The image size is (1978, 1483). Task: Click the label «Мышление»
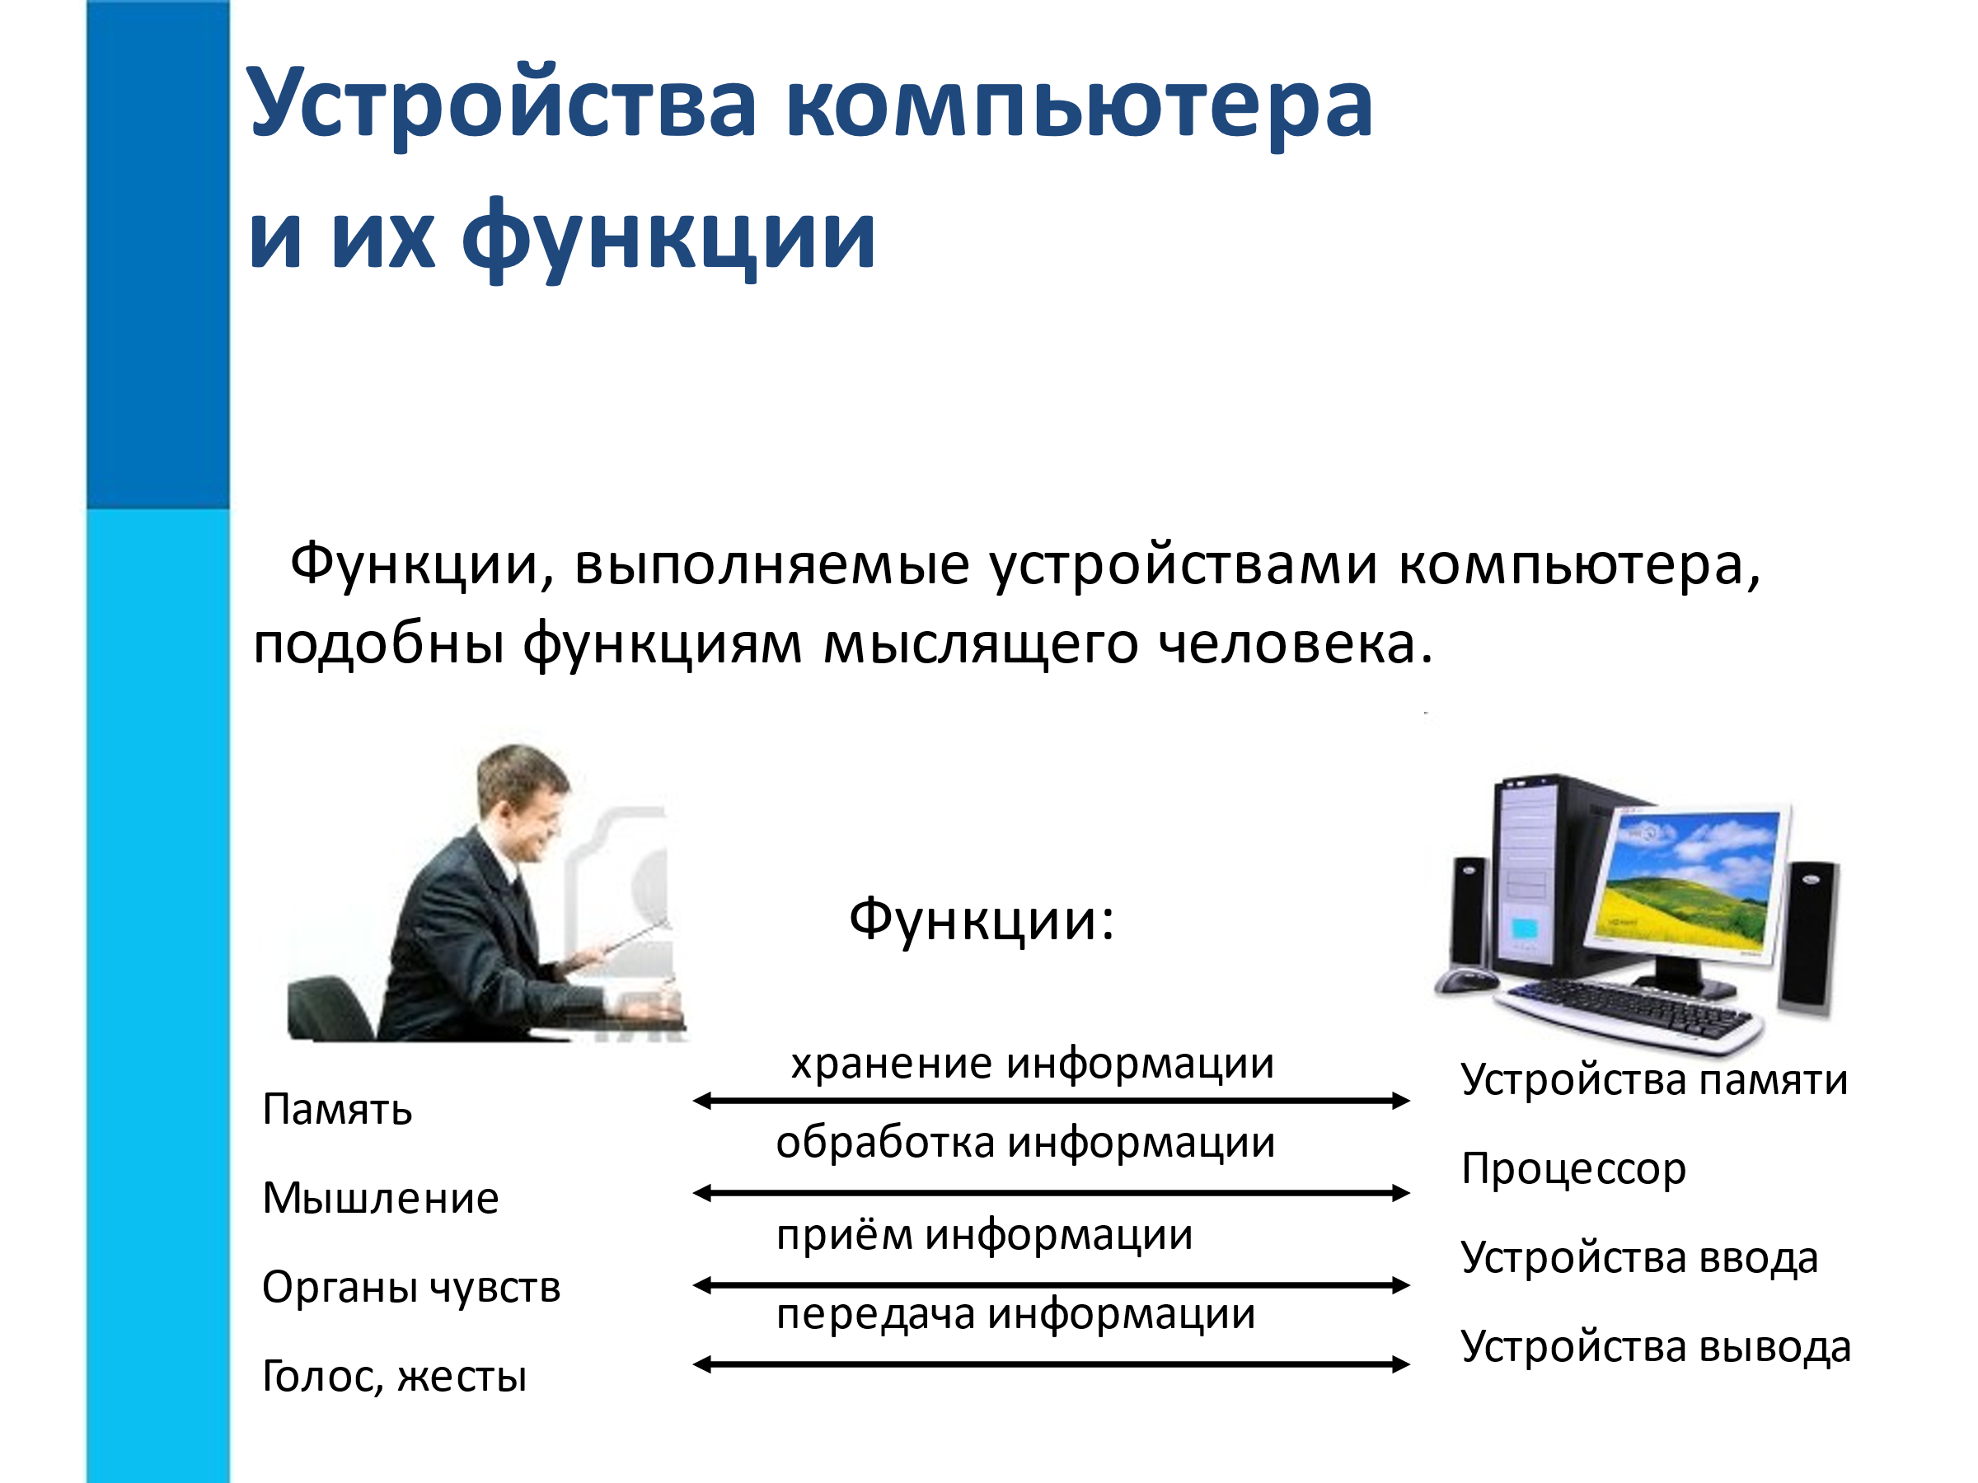click(x=380, y=1198)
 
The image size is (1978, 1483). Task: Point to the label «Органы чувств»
click(x=411, y=1288)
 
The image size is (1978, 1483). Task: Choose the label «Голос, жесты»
click(x=394, y=1377)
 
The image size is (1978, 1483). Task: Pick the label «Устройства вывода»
click(x=1656, y=1348)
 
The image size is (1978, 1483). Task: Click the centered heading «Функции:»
click(x=982, y=921)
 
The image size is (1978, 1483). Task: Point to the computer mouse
click(x=1466, y=980)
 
